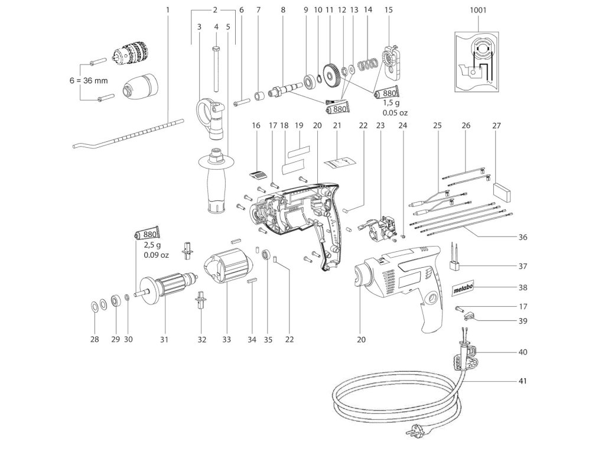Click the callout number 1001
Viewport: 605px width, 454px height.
(x=479, y=10)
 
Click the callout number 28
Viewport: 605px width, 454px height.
(x=95, y=339)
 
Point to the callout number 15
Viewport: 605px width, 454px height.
(x=388, y=10)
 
